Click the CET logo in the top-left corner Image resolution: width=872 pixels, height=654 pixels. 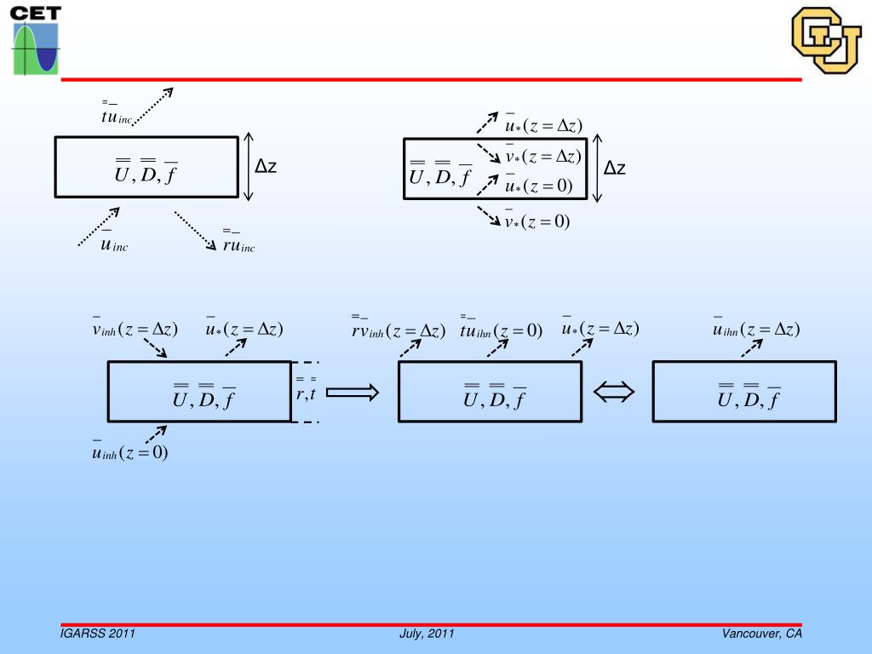pyautogui.click(x=36, y=40)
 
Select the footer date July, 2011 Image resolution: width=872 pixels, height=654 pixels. pyautogui.click(x=427, y=634)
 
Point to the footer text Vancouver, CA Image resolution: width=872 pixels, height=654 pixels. pyautogui.click(x=762, y=634)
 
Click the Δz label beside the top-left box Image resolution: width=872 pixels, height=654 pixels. pyautogui.click(x=266, y=167)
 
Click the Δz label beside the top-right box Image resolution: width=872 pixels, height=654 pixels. pyautogui.click(x=615, y=169)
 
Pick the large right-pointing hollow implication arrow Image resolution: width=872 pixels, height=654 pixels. pyautogui.click(x=353, y=392)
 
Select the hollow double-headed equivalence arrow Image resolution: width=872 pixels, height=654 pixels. pyautogui.click(x=615, y=392)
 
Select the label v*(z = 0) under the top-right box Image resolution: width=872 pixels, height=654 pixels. pyautogui.click(x=536, y=222)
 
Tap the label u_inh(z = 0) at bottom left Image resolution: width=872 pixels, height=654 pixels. pyautogui.click(x=130, y=452)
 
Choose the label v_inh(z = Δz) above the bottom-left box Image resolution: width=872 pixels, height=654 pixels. pyautogui.click(x=135, y=330)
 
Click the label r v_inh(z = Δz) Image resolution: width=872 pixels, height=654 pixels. pyautogui.click(x=399, y=330)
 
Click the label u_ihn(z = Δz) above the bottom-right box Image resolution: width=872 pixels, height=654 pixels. pyautogui.click(x=756, y=330)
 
